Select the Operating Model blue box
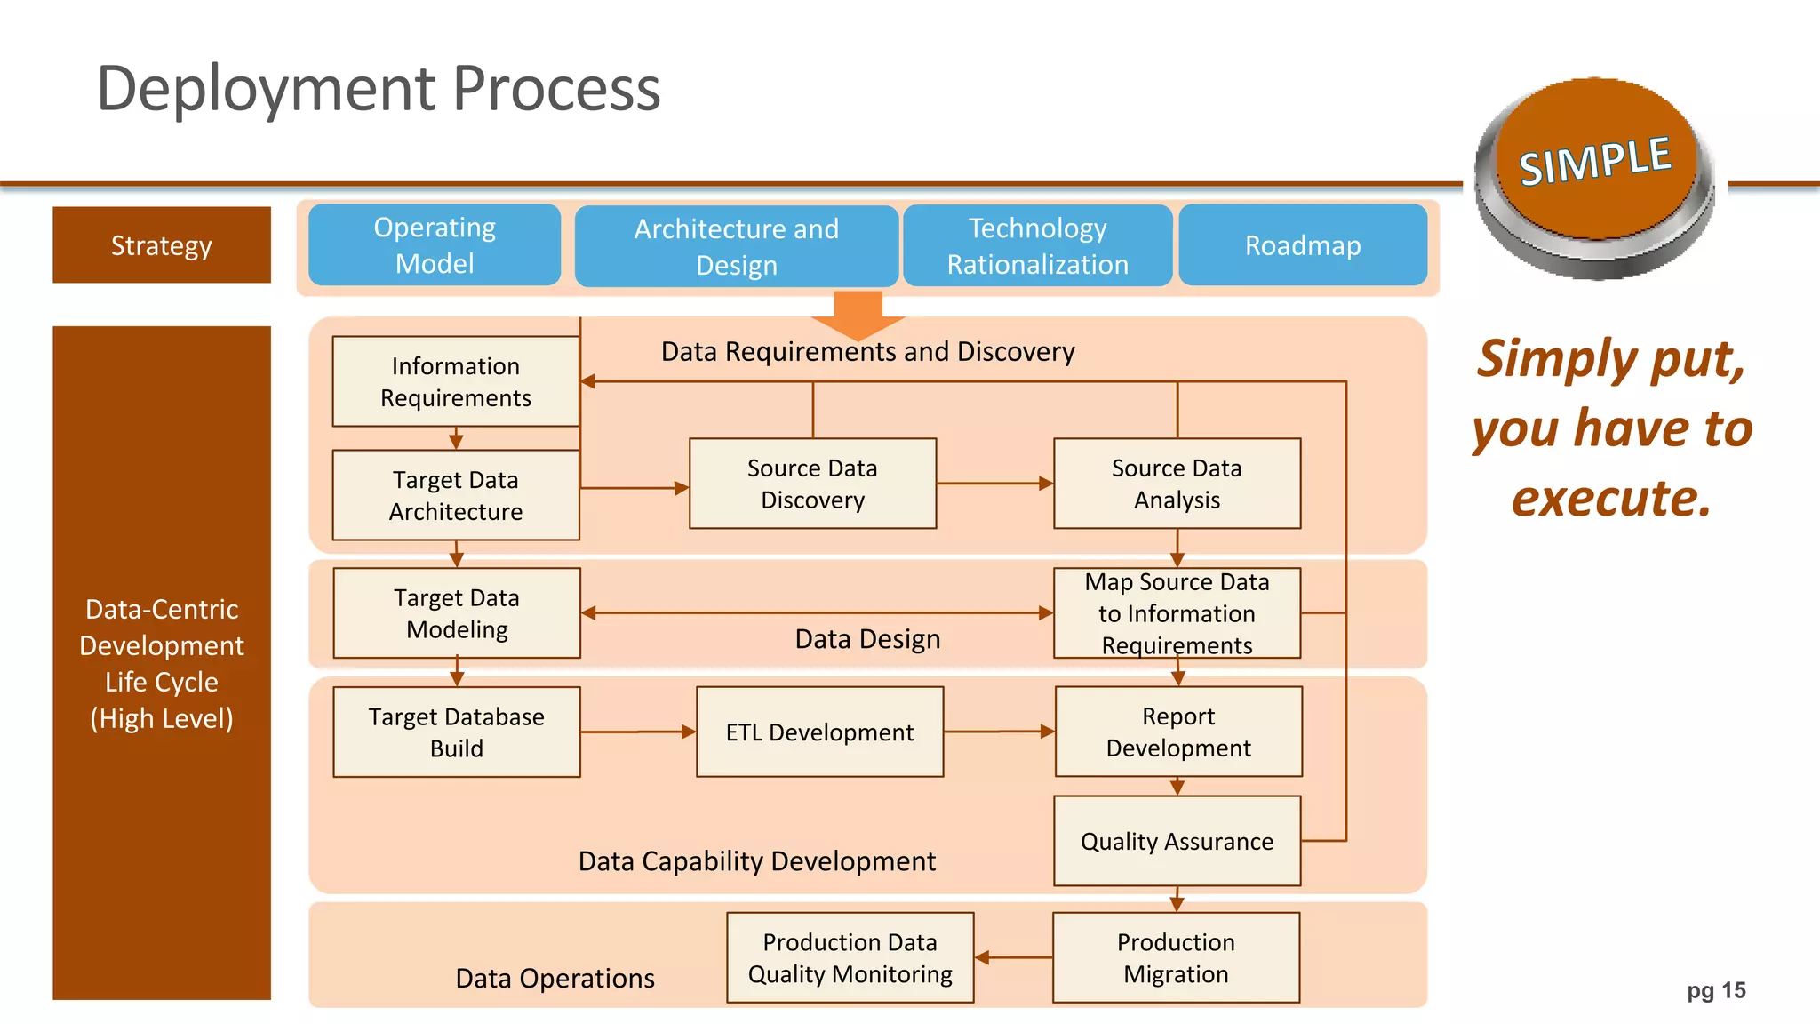435,245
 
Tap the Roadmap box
1303,245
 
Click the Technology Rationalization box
1037,246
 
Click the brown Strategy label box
162,245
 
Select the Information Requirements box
456,382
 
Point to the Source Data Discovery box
812,484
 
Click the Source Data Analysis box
1177,484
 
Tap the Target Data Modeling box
457,613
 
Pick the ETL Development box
819,732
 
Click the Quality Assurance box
1177,841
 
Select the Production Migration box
1176,957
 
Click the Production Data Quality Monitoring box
850,957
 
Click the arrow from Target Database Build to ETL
638,732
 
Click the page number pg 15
1716,990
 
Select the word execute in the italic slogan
1610,498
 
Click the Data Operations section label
555,978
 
